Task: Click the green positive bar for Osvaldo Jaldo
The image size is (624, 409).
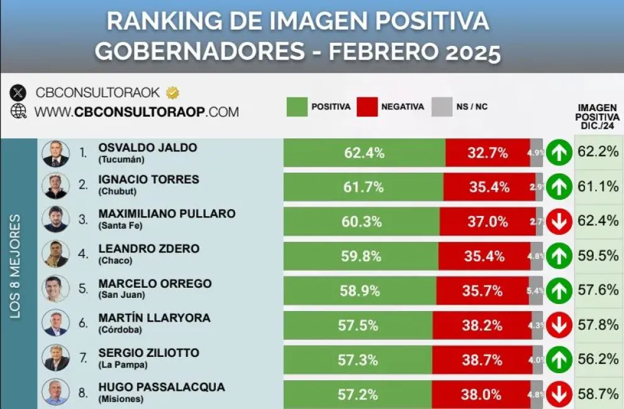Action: [x=364, y=153]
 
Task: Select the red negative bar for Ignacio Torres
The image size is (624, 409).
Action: [x=489, y=187]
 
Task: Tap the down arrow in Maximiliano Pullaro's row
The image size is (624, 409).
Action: [x=559, y=221]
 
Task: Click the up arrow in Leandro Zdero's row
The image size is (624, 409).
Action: [x=559, y=256]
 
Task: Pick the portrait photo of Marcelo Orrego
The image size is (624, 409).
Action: [x=55, y=289]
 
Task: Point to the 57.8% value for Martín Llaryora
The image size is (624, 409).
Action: [x=598, y=325]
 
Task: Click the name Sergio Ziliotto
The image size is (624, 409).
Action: [x=148, y=352]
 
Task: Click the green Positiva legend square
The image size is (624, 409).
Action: [x=296, y=107]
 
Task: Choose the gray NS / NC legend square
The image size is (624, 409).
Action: [x=442, y=107]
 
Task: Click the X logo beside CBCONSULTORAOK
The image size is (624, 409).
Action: [x=18, y=93]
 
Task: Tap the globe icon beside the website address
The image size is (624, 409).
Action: [x=19, y=111]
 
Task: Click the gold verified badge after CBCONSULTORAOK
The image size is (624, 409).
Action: [x=172, y=93]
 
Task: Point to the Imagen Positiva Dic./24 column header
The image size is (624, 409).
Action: [x=596, y=117]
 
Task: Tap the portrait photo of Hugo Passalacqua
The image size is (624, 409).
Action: [x=55, y=392]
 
